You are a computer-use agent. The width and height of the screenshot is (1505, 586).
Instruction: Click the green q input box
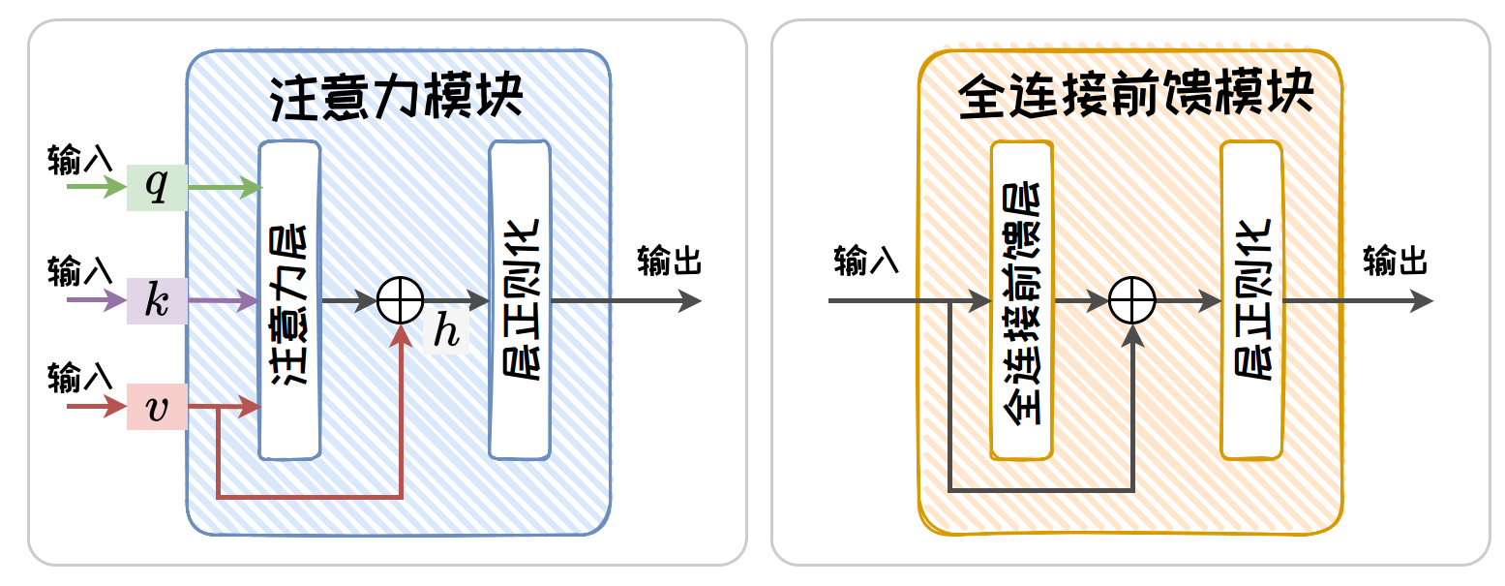(x=156, y=187)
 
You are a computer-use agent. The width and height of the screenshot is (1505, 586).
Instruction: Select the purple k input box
(x=156, y=301)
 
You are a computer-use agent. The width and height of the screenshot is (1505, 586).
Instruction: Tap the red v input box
(x=156, y=409)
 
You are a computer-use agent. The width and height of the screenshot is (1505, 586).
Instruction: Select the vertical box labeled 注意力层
(x=288, y=300)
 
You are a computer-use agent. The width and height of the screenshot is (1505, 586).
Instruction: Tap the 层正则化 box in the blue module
(x=520, y=300)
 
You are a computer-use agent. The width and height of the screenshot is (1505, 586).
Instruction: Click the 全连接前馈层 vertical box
(x=1021, y=300)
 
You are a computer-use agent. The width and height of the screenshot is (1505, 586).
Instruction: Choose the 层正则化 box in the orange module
(x=1251, y=300)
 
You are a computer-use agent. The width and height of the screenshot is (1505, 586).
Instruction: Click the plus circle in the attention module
(x=400, y=301)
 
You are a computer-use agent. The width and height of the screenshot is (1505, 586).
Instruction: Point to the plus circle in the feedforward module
(x=1132, y=301)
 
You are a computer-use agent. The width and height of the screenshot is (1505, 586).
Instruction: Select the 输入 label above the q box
(x=80, y=159)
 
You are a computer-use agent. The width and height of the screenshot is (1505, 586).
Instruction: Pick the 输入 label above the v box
(x=80, y=377)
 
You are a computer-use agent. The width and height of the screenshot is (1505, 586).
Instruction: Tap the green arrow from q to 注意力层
(x=225, y=187)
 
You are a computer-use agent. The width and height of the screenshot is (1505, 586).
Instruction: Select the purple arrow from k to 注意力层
(x=225, y=301)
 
